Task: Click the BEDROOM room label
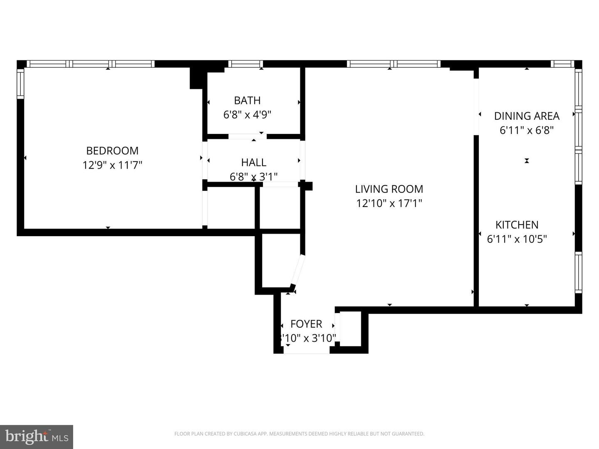[x=112, y=150]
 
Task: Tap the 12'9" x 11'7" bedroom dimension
[x=112, y=165]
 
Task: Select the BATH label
[x=247, y=100]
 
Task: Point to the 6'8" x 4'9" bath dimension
[x=247, y=115]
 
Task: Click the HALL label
[x=253, y=162]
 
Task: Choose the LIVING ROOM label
[x=389, y=189]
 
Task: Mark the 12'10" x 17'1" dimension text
[x=389, y=203]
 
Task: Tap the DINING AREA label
[x=527, y=116]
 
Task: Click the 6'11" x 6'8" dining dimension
[x=527, y=130]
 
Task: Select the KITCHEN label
[x=517, y=224]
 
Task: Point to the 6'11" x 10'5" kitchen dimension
[x=517, y=239]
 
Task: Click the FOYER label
[x=306, y=324]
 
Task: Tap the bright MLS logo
[x=37, y=437]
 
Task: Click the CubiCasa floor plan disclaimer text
[x=299, y=434]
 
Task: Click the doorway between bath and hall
[x=247, y=136]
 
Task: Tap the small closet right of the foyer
[x=351, y=329]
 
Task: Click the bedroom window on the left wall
[x=20, y=84]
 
